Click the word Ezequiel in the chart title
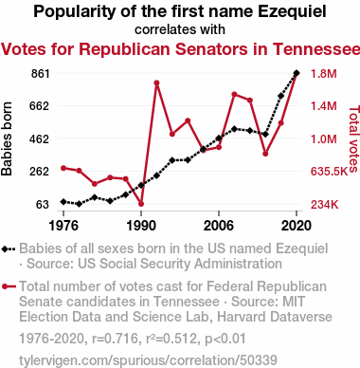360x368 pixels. tap(292, 11)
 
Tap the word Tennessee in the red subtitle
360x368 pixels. tap(316, 49)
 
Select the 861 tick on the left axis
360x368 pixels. tap(41, 74)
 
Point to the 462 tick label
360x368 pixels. tap(40, 138)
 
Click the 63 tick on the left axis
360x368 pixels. tap(43, 205)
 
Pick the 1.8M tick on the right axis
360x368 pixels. tap(324, 74)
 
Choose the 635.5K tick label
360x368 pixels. tap(329, 172)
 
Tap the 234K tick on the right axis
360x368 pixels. tap(325, 205)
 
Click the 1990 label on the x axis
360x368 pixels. tap(141, 226)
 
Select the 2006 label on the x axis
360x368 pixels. tap(219, 226)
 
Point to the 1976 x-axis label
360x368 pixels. tap(63, 226)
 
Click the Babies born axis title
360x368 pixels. tap(7, 138)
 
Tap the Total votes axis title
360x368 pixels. tap(354, 138)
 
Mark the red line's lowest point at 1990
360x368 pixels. tap(141, 204)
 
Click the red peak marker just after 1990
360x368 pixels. tap(156, 83)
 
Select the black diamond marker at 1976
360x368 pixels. tap(63, 202)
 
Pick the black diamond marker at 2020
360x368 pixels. tap(297, 73)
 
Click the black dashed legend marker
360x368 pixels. tap(9, 249)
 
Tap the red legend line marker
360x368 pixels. tap(9, 286)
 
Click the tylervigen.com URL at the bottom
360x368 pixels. tap(148, 360)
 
